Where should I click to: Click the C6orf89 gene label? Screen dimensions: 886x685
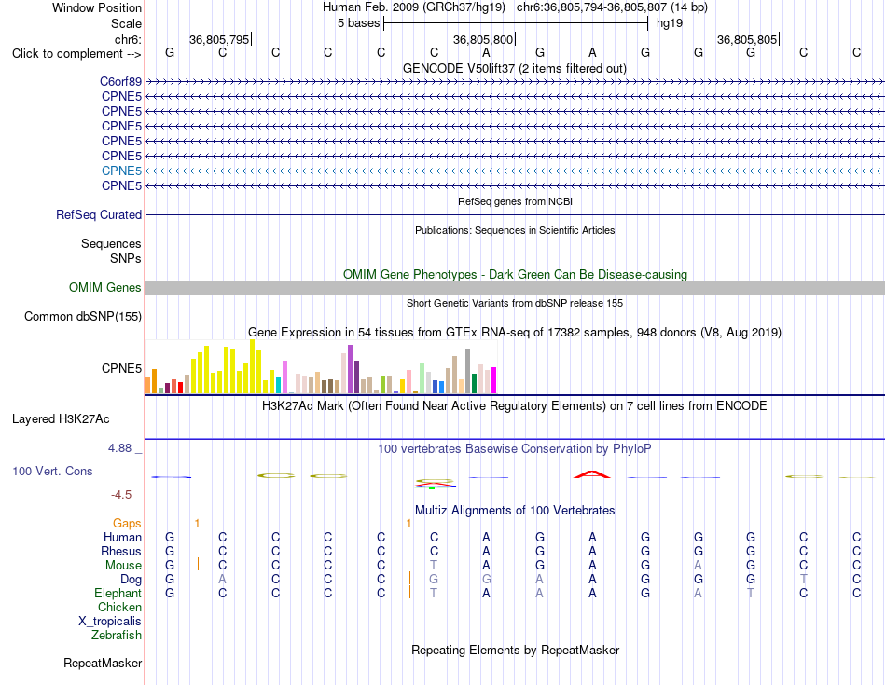121,82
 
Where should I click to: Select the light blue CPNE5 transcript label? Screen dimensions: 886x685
121,171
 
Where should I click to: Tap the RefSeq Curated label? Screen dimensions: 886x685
99,215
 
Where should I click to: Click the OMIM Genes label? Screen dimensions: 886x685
105,287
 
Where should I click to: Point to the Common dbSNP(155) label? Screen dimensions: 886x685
83,316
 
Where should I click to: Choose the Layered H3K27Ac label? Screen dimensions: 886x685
61,419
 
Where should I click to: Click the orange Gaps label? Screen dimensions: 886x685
127,524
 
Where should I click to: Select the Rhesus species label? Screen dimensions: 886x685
121,551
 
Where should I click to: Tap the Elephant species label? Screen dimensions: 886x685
118,594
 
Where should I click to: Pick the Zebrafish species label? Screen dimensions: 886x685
117,636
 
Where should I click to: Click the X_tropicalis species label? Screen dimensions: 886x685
110,622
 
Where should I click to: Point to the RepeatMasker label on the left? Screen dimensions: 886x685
103,663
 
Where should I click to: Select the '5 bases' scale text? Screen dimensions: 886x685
359,23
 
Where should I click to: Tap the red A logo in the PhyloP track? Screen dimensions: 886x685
592,474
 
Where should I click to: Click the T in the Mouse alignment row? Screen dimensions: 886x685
434,566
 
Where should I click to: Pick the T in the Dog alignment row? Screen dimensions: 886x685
804,580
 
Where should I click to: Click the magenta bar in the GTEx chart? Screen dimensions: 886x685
494,380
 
